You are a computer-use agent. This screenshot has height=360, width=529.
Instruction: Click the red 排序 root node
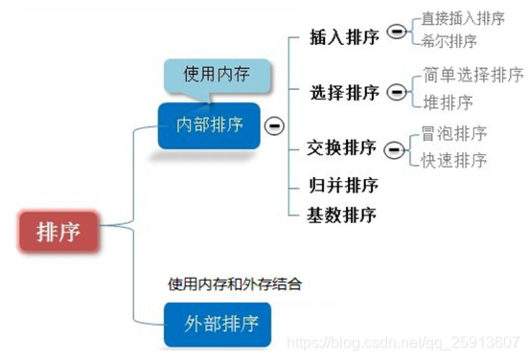click(x=57, y=231)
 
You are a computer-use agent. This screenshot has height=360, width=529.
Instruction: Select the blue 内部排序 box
click(x=209, y=125)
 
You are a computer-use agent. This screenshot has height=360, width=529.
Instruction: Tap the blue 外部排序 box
click(x=222, y=323)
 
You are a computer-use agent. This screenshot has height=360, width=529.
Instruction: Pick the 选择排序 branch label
click(x=344, y=93)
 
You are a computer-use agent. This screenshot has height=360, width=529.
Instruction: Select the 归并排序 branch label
click(x=342, y=184)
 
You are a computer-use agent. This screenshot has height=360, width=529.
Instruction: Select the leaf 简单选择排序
click(x=473, y=75)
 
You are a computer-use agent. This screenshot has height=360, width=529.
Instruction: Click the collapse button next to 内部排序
click(x=275, y=125)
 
